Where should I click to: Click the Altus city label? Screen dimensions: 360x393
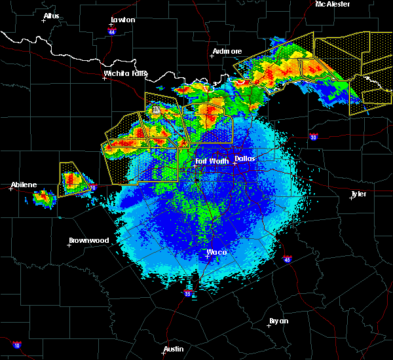click(51, 16)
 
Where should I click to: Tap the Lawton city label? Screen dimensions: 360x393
click(122, 20)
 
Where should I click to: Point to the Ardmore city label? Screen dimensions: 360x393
click(227, 51)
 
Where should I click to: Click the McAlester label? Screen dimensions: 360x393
click(333, 4)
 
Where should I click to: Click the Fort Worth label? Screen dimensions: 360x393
click(212, 161)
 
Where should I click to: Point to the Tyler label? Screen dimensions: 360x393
click(358, 194)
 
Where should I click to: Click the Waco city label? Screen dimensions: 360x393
click(217, 252)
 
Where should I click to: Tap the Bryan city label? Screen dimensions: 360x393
click(278, 321)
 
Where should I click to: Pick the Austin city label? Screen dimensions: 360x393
click(174, 349)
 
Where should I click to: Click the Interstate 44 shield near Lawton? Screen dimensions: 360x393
click(113, 31)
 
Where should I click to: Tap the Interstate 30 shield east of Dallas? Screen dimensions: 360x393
click(313, 137)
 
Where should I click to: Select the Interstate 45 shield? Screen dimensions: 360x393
click(288, 260)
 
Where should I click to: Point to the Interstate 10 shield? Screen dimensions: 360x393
click(17, 345)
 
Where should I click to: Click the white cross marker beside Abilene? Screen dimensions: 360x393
click(11, 189)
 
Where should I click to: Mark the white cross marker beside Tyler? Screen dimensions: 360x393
click(352, 198)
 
